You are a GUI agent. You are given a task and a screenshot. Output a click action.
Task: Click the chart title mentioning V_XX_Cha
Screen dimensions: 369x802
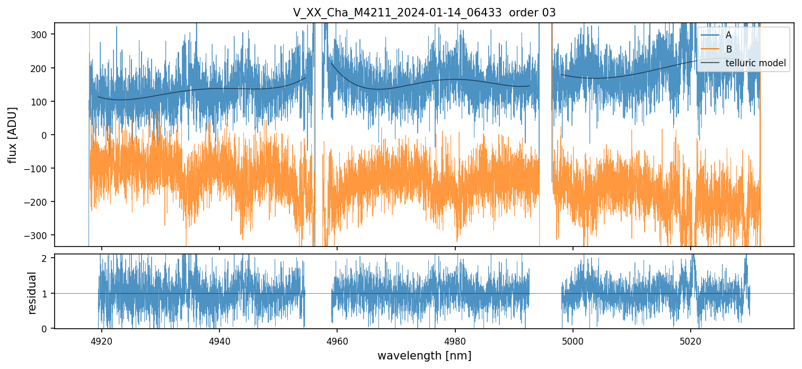point(424,13)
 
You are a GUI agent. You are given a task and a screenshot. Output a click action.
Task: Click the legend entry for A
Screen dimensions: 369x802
point(728,36)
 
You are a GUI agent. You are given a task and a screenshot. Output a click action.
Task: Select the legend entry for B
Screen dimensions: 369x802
point(728,50)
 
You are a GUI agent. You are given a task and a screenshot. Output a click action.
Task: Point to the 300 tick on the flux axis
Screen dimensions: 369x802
point(42,34)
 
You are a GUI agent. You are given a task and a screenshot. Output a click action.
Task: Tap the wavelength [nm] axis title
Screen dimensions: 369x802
point(424,355)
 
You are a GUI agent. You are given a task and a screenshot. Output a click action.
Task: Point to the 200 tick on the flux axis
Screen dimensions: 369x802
point(42,68)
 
